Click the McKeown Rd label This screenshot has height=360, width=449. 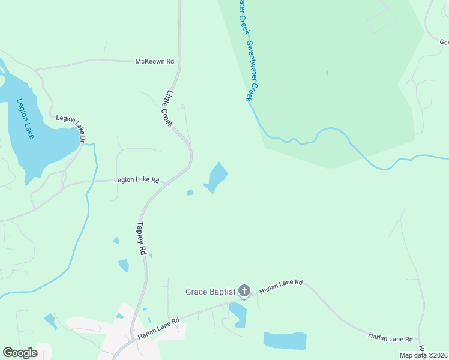pos(154,61)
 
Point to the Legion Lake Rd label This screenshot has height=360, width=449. pos(137,180)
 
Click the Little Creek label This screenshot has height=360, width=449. pos(167,109)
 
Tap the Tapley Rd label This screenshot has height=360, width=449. pos(142,239)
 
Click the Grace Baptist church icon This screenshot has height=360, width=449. pos(244,292)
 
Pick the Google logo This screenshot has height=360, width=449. pos(20,353)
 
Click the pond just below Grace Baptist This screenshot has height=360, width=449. pos(238,313)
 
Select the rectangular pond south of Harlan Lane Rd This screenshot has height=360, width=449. pos(285,340)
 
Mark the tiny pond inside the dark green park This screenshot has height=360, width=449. pos(327,74)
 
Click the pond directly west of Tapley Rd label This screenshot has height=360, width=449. pos(124,265)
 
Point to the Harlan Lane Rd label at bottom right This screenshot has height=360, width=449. pos(390,338)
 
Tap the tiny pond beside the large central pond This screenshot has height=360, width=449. pos(190,193)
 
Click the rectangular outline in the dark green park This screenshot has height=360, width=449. pos(382,22)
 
